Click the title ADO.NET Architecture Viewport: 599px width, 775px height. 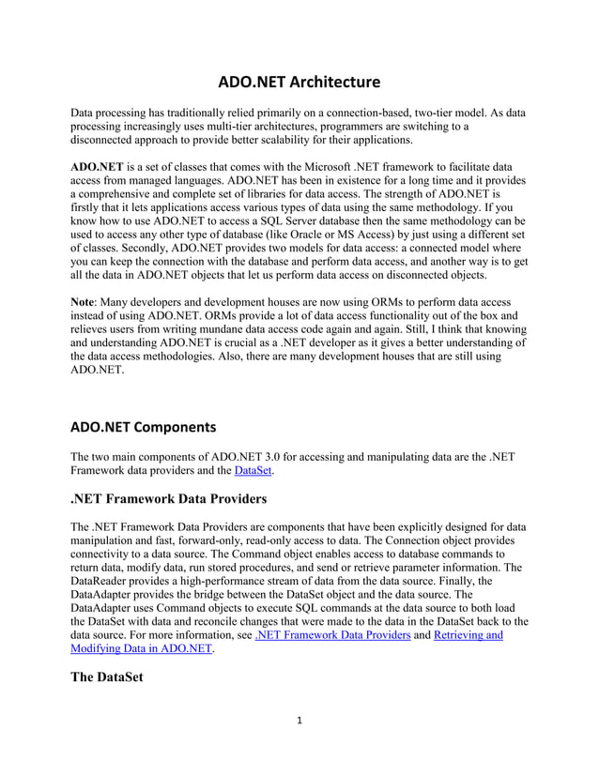pos(299,81)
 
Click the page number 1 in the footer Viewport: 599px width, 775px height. pos(299,721)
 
